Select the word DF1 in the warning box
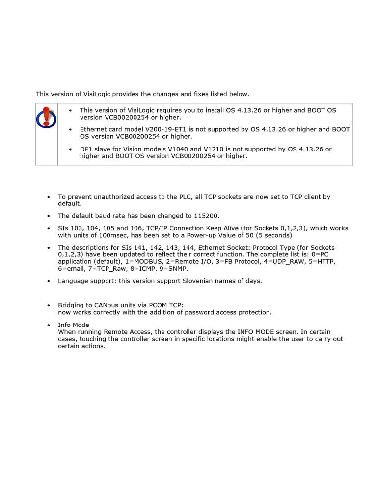click(x=86, y=149)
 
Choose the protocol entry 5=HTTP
click(x=323, y=262)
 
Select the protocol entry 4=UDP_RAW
click(x=285, y=262)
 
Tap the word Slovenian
click(x=189, y=281)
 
